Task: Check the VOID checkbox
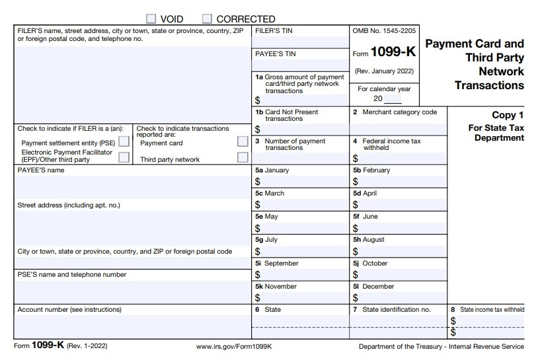151,18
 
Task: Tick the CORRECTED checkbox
207,18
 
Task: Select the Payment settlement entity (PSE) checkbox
124,142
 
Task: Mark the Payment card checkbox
243,141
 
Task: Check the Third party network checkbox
243,158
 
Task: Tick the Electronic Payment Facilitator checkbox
124,157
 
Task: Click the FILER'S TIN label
273,31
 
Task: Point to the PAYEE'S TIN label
275,54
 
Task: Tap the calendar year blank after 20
393,99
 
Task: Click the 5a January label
272,170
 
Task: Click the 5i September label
277,263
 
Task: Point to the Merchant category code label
399,112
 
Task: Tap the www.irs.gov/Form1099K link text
235,346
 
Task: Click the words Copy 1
508,115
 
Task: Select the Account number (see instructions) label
69,309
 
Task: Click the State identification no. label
396,309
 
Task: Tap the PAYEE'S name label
40,170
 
